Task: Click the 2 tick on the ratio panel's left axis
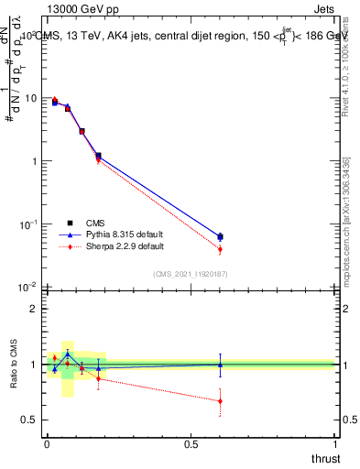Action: click(x=34, y=309)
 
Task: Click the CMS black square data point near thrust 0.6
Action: click(x=219, y=236)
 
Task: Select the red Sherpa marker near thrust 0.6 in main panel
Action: click(x=219, y=249)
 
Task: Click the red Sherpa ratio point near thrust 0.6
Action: click(x=219, y=400)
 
